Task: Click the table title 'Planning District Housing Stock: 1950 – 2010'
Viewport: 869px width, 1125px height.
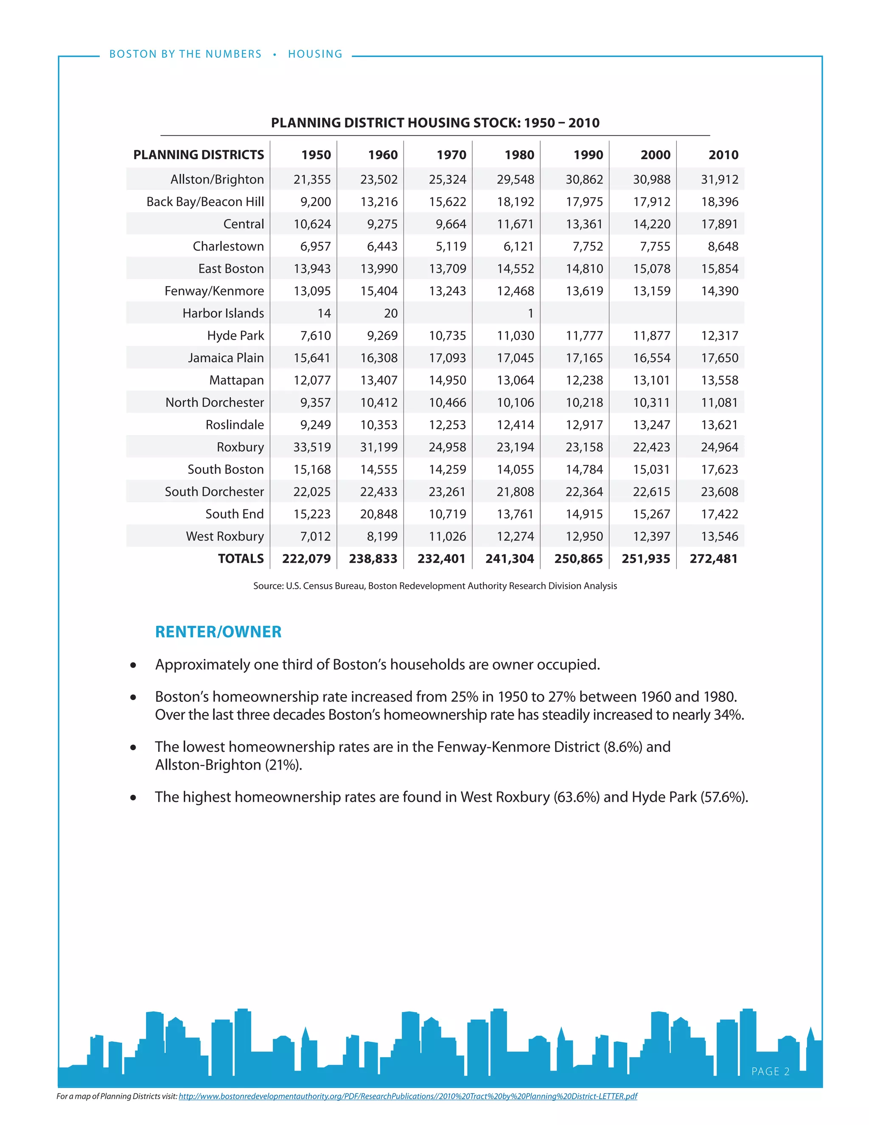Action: tap(435, 123)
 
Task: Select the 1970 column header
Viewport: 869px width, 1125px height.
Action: tap(451, 155)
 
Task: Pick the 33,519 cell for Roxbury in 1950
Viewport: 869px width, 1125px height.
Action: tap(312, 447)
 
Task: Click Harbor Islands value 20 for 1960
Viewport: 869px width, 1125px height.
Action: tap(391, 313)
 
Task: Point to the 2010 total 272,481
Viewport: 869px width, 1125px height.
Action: tap(714, 559)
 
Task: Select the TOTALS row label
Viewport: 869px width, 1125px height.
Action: tap(241, 559)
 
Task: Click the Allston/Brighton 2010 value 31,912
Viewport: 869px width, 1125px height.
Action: tap(719, 179)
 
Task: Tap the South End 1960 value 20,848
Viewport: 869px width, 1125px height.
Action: tap(378, 514)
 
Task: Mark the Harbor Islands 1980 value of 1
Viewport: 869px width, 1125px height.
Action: tap(530, 313)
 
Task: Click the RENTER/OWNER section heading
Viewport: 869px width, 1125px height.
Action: tap(218, 632)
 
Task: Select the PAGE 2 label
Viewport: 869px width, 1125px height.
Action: tap(770, 1072)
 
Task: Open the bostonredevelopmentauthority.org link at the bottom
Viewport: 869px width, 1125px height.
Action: tap(408, 1096)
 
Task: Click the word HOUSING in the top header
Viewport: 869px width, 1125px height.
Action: tap(315, 54)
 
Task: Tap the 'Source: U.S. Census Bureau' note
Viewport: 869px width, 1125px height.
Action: tap(434, 586)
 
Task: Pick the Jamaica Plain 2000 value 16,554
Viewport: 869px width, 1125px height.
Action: tap(651, 358)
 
